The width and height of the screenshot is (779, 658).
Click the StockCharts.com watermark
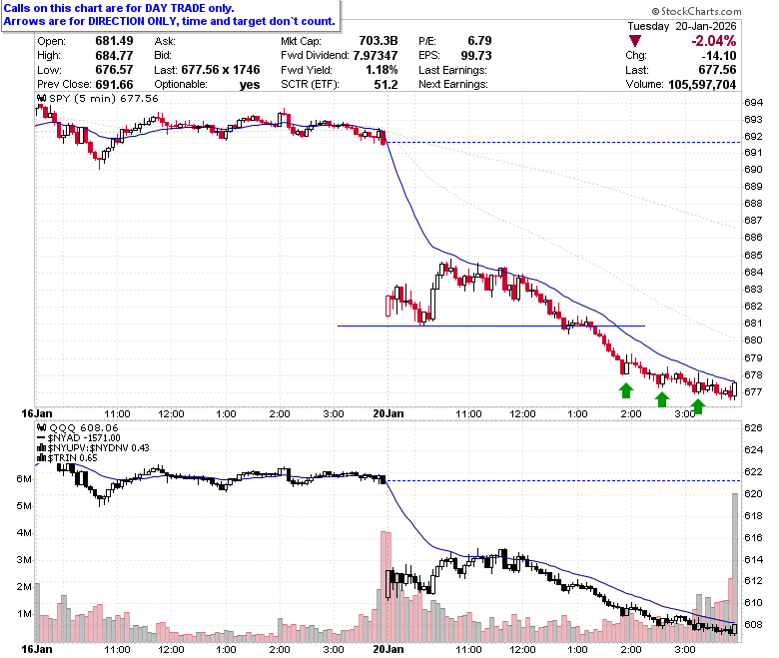click(x=696, y=11)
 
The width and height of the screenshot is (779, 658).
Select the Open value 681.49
click(x=114, y=41)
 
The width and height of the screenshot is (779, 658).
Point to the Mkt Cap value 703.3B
click(x=379, y=41)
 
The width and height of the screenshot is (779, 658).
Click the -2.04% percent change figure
click(x=713, y=41)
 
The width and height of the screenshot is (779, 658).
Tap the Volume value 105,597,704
click(x=702, y=85)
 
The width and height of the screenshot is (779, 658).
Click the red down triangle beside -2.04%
click(x=634, y=41)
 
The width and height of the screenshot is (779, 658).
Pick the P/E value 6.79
click(x=479, y=41)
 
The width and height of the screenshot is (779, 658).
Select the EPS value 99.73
click(x=476, y=55)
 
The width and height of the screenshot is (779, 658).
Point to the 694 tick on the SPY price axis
click(x=753, y=103)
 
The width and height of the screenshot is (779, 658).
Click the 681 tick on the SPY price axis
click(x=753, y=324)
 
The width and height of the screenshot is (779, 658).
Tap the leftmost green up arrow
click(x=626, y=390)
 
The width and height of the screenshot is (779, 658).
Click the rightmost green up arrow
click(x=698, y=406)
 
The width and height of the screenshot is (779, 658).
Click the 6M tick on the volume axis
click(x=24, y=478)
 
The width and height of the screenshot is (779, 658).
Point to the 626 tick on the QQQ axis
click(x=753, y=428)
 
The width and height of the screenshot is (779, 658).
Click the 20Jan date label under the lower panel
click(x=389, y=649)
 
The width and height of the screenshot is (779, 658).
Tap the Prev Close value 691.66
click(x=114, y=85)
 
